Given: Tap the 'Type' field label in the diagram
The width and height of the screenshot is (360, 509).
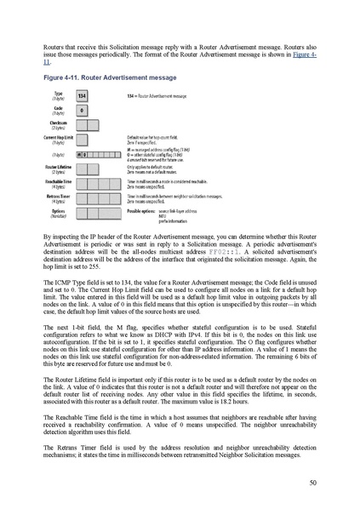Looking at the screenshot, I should (x=58, y=94).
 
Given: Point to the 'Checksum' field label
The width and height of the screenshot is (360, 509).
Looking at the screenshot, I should (x=58, y=124).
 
